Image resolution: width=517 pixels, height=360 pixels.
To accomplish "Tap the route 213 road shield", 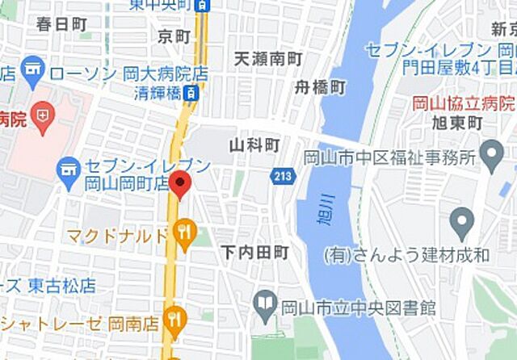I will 283,175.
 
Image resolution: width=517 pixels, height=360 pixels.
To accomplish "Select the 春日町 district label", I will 61,23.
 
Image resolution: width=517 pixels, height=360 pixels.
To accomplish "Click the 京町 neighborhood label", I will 174,37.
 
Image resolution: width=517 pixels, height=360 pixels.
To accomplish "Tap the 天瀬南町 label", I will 268,60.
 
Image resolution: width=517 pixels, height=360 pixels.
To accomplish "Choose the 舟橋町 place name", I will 320,86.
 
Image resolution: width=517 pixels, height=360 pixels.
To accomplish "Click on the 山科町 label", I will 254,145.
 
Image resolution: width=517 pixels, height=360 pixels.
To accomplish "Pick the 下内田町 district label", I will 254,253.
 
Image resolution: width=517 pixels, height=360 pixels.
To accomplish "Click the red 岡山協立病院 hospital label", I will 463,103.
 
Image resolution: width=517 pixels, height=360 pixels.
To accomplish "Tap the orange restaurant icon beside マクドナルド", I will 185,234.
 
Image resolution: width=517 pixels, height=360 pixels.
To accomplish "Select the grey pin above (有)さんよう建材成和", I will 461,220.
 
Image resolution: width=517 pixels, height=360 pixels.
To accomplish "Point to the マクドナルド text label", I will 117,236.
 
